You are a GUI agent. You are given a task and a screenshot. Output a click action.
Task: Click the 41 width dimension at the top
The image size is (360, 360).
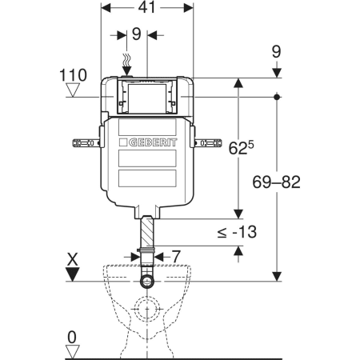(x=146, y=7)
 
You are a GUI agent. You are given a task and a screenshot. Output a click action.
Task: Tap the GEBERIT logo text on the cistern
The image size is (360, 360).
(x=153, y=142)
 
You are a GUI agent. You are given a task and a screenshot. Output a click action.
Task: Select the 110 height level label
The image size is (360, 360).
(x=73, y=75)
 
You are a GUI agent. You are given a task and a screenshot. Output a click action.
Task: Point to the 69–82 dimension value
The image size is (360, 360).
(x=276, y=182)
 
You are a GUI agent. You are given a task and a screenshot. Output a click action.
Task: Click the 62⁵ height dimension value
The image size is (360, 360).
(x=242, y=147)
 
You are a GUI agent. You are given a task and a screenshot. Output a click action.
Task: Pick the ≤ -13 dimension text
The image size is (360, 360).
(x=237, y=232)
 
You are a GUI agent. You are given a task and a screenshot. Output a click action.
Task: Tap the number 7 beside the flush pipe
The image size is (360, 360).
(x=176, y=257)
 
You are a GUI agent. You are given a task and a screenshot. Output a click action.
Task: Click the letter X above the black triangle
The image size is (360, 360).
(x=73, y=259)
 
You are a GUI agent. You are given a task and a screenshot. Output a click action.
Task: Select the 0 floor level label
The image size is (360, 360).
(x=72, y=338)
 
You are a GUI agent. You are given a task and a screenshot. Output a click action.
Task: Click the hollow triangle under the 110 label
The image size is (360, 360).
(x=73, y=90)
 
